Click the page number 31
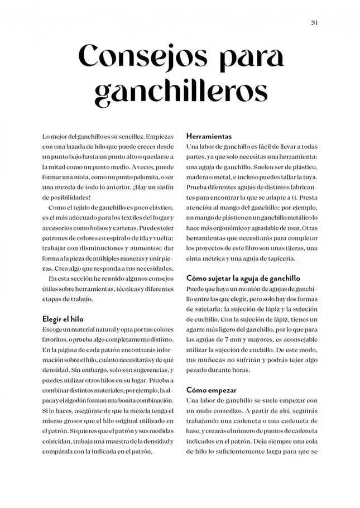coord(314,23)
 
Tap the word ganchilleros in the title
coord(180,92)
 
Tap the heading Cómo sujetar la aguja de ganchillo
coord(243,277)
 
